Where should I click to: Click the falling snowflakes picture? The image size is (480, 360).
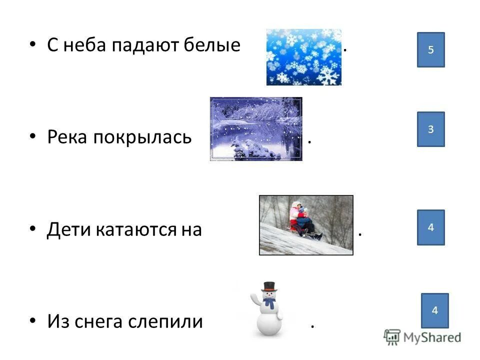point(303,56)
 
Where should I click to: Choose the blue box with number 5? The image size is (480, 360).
point(431,49)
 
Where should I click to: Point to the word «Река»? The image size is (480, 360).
point(67,137)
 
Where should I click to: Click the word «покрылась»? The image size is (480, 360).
point(142,137)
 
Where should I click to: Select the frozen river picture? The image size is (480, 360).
point(256,129)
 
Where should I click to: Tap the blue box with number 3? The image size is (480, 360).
point(431,129)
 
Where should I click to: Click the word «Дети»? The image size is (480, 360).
point(68,229)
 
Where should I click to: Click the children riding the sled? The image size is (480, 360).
point(303,220)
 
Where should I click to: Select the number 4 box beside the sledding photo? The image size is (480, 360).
point(431,227)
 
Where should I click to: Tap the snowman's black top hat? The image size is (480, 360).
point(269,286)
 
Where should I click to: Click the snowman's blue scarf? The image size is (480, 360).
point(269,302)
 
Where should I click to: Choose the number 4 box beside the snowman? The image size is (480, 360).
point(434,310)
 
